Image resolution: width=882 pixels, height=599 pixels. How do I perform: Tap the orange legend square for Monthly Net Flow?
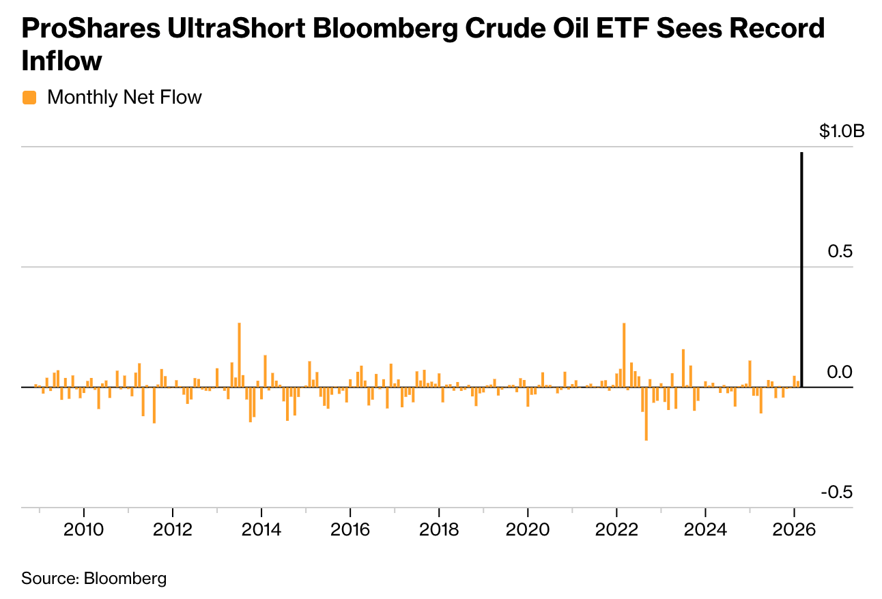(29, 98)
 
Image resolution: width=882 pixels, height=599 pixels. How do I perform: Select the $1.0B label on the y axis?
(842, 131)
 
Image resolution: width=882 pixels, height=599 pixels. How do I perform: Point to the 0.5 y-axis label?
(840, 251)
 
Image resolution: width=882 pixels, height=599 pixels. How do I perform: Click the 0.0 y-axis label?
(840, 372)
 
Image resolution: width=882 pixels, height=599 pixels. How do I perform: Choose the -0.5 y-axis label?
(837, 492)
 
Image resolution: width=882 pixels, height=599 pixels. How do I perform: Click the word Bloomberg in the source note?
(125, 579)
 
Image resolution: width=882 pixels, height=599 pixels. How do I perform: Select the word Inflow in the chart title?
(61, 61)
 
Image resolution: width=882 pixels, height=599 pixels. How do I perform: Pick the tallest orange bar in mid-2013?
(239, 355)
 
